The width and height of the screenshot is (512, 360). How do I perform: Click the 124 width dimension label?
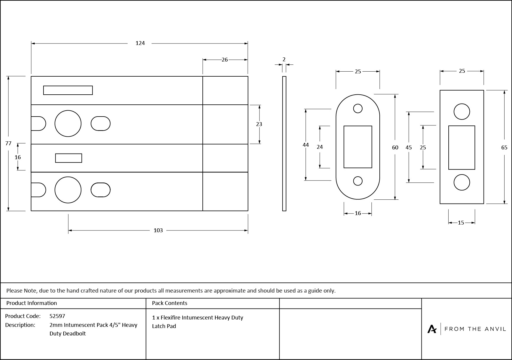tap(140, 43)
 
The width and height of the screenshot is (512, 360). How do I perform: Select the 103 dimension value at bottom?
tap(158, 230)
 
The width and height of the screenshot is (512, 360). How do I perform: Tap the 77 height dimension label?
tap(8, 143)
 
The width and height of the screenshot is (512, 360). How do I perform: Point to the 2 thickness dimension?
tap(284, 59)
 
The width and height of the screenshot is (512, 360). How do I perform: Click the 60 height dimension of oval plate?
tap(395, 147)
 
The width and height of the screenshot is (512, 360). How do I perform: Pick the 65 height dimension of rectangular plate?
tap(504, 147)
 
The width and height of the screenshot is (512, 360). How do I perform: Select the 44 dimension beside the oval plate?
tap(306, 145)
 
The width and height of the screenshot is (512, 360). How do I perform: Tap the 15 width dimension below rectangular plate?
tap(461, 223)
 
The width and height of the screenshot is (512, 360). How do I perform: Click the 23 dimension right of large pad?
tap(259, 124)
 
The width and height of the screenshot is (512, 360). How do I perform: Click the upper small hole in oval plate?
tap(358, 109)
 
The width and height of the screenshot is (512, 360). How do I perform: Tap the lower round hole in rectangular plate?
tap(461, 182)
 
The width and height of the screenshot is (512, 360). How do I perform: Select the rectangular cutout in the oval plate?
tap(358, 147)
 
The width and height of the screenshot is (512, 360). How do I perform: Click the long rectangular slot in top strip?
tap(68, 90)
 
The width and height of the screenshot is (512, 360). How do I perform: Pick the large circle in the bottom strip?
tap(68, 190)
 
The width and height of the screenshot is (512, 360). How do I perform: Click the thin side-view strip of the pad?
tap(284, 144)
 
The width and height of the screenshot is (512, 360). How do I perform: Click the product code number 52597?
tap(57, 316)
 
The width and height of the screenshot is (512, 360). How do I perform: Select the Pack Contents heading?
tap(169, 303)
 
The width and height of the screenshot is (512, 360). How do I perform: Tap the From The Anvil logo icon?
tap(432, 329)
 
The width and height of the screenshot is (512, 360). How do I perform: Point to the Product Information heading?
tap(31, 303)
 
